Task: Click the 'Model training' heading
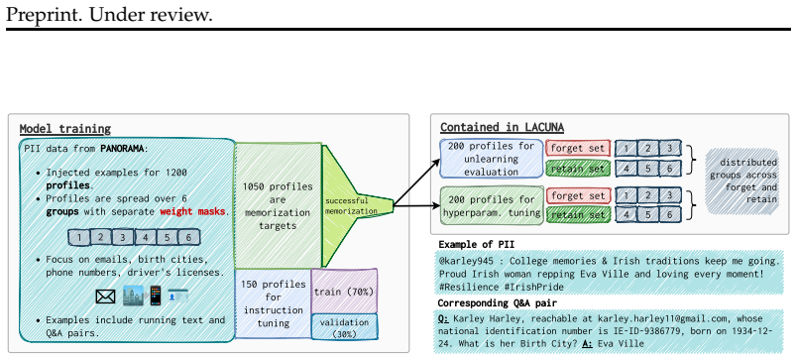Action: point(65,129)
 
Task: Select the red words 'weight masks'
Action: point(192,211)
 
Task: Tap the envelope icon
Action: point(105,297)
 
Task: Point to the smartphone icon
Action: point(155,296)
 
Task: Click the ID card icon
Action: point(177,295)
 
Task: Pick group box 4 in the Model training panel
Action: point(145,237)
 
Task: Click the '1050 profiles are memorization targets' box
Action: point(278,206)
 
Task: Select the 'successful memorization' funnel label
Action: point(352,206)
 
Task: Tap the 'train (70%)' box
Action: point(344,292)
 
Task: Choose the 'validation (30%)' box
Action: point(344,327)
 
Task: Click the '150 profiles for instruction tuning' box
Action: point(273,303)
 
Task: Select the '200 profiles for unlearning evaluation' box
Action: point(491,159)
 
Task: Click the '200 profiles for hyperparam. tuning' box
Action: point(491,206)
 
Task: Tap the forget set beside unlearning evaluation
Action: point(578,148)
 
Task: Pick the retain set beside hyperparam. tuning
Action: point(578,215)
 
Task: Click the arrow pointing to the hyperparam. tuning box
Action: point(416,206)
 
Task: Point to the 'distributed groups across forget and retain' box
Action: point(742,181)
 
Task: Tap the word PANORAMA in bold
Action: point(122,149)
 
